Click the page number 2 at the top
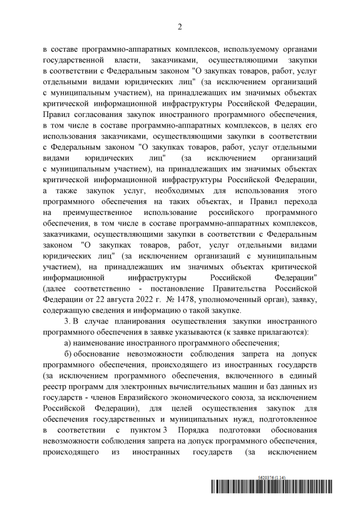click(x=180, y=26)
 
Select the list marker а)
click(x=70, y=343)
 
